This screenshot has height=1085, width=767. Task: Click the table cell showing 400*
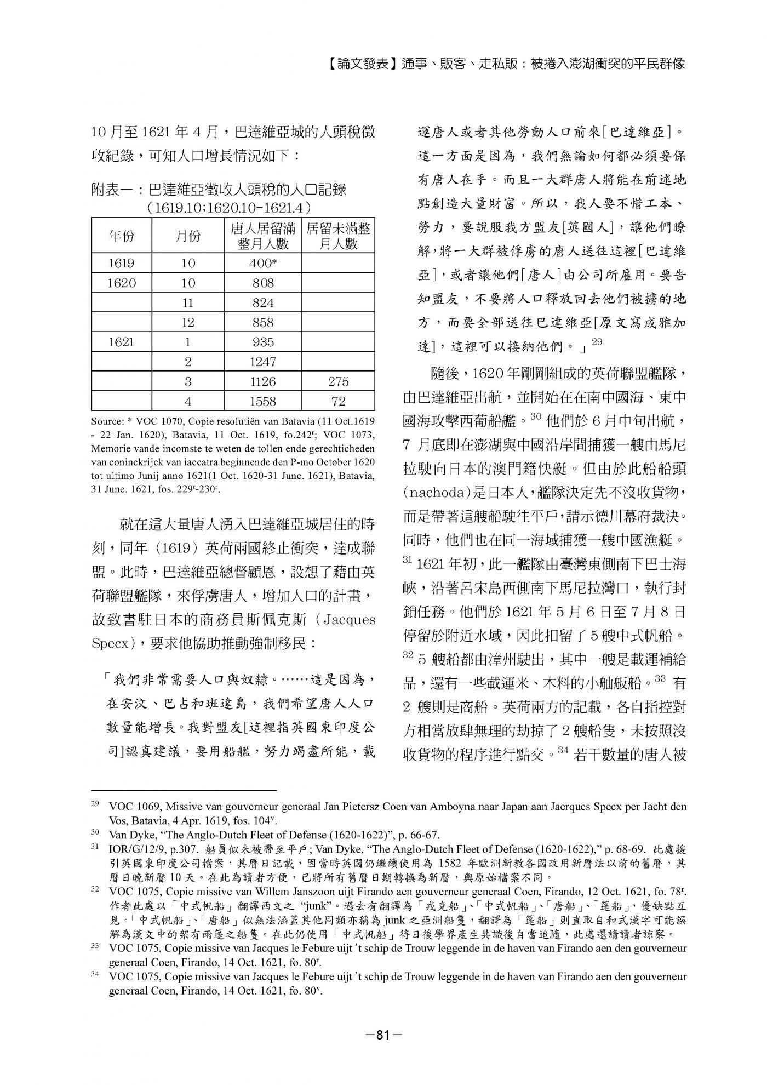tap(262, 263)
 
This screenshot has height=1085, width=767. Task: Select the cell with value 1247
tap(262, 362)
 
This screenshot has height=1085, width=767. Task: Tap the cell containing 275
tap(339, 381)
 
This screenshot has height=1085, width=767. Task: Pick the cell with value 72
tap(339, 401)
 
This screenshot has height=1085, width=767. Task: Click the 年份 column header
tap(122, 236)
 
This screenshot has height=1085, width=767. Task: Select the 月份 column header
tap(188, 236)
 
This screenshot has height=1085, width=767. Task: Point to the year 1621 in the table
tap(122, 342)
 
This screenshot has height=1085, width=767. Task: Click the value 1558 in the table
tap(262, 401)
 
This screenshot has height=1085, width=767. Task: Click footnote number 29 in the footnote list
tap(95, 806)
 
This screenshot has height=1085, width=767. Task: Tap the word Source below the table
tap(106, 421)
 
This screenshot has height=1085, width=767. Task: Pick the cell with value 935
tap(262, 342)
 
